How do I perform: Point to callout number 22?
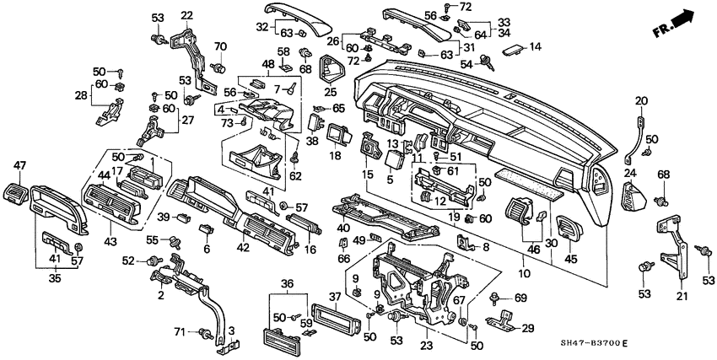coord(187,14)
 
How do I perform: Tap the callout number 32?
coord(261,27)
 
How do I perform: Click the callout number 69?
coord(520,298)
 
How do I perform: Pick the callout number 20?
coord(641,101)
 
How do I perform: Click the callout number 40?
coord(342,228)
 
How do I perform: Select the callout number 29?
coord(529,327)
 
